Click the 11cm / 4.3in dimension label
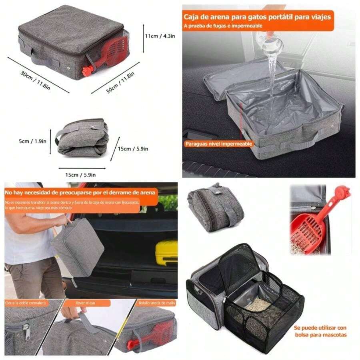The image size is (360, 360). [x=159, y=36]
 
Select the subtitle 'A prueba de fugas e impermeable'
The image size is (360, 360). [x=223, y=26]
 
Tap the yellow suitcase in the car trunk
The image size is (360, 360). [x=166, y=252]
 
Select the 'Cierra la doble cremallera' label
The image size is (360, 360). [x=26, y=303]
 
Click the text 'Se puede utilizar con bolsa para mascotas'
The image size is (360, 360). [x=320, y=331]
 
